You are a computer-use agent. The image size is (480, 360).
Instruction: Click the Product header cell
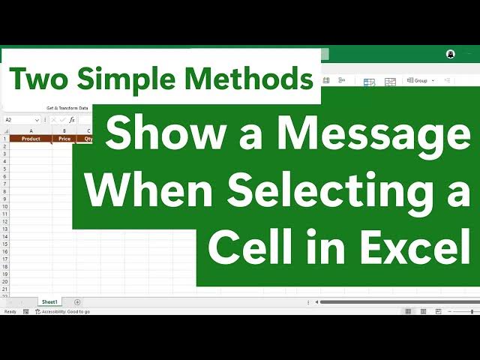coord(31,139)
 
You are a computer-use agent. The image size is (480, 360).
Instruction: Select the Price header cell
coord(64,139)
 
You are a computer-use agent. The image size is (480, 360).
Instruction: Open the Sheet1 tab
coord(49,301)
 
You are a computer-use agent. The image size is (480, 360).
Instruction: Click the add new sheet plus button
coord(77,301)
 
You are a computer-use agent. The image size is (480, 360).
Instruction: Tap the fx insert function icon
coord(72,120)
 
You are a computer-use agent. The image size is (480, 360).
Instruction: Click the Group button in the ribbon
coord(419,80)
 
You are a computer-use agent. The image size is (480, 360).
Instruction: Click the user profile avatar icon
coord(450,54)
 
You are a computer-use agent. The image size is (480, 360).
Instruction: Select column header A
coord(31,130)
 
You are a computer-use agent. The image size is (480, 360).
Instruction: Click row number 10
coord(4,207)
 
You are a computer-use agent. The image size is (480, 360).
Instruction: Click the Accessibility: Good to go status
coord(65,311)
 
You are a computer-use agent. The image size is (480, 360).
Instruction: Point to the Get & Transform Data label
coord(67,108)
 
